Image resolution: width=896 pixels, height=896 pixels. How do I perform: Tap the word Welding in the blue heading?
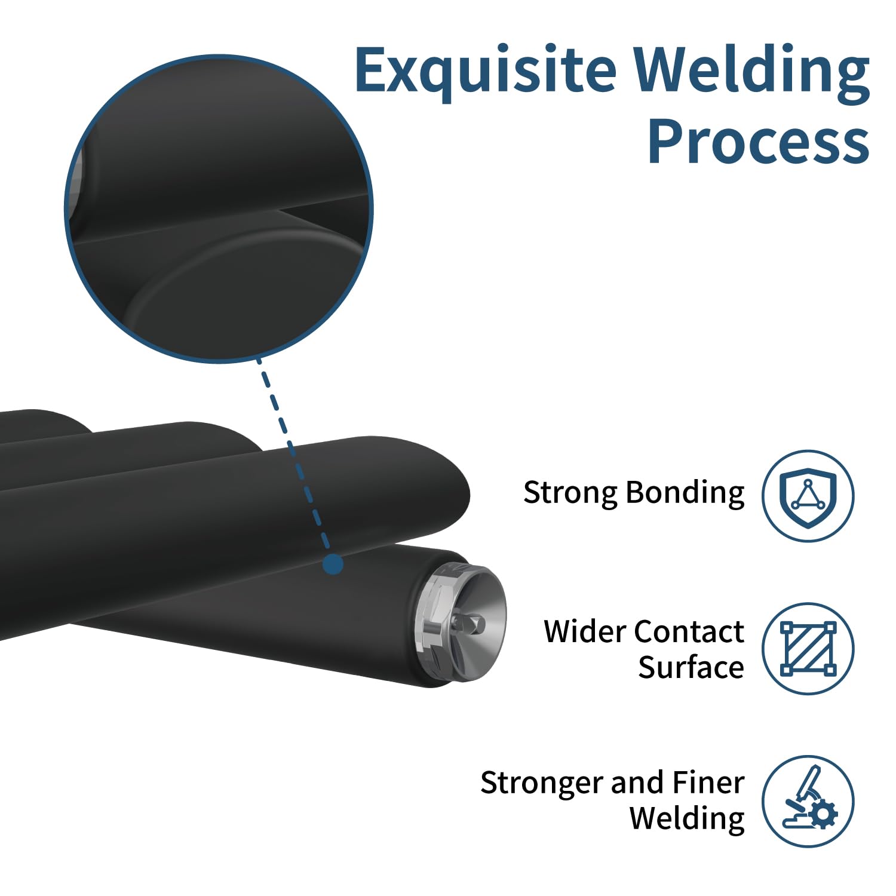click(751, 72)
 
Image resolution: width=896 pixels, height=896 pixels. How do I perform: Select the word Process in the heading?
click(759, 141)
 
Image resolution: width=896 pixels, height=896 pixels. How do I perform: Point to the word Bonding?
click(685, 493)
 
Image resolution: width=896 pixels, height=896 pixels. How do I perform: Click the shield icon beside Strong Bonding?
click(808, 496)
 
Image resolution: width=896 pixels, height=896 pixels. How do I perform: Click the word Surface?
click(691, 667)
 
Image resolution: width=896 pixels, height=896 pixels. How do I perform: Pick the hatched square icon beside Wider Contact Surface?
click(808, 649)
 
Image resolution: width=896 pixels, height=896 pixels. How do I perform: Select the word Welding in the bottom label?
click(688, 819)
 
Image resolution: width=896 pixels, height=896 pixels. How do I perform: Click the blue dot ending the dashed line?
click(333, 564)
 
